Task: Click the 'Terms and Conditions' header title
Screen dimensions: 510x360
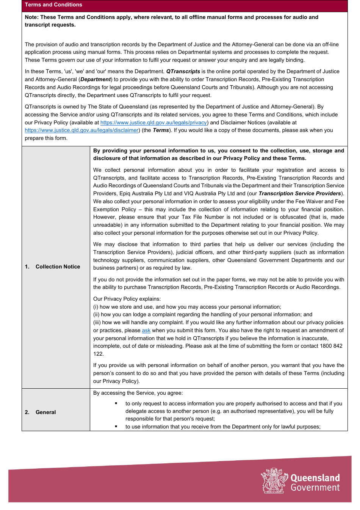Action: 53,5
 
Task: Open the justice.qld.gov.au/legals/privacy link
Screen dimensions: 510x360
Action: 153,122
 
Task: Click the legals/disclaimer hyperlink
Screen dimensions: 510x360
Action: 81,130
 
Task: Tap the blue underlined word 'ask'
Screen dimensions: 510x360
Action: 146,331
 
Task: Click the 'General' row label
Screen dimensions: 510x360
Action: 45,412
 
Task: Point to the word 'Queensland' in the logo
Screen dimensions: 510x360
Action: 315,478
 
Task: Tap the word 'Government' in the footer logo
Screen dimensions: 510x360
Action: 315,488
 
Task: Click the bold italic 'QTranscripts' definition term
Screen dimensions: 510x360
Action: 183,71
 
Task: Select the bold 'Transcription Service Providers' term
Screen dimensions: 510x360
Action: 300,193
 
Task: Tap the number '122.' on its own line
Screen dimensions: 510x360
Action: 99,354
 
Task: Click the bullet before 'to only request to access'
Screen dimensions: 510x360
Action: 116,403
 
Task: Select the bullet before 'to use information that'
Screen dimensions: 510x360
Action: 116,427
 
